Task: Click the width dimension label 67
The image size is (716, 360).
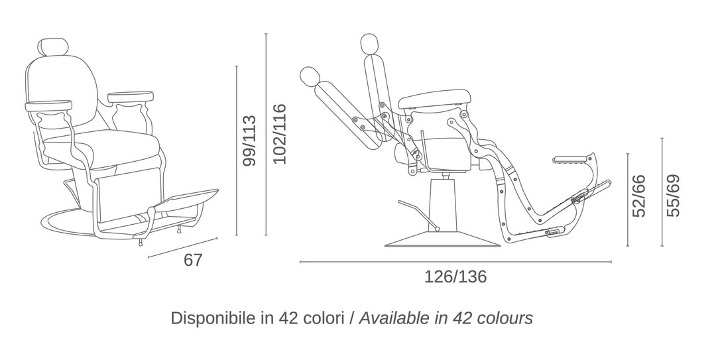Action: (193, 260)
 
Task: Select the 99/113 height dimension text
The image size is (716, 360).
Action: (249, 141)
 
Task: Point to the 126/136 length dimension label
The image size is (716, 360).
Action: (455, 277)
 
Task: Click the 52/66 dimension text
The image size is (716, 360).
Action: (639, 196)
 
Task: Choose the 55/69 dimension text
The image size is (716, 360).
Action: (673, 196)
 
